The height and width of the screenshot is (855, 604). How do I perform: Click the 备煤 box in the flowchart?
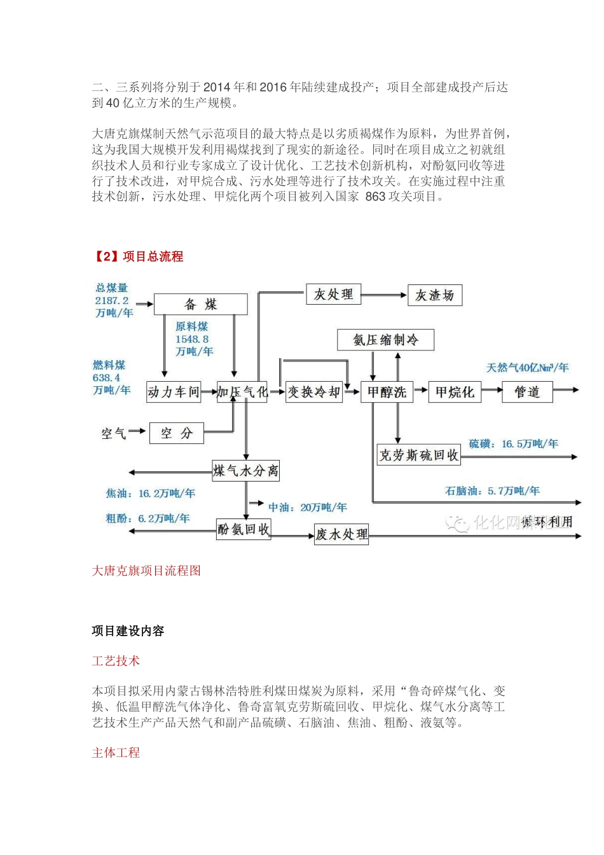pyautogui.click(x=200, y=304)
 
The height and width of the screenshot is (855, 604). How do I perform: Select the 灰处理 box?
pyautogui.click(x=333, y=294)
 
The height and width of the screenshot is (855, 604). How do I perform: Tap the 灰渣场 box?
pyautogui.click(x=434, y=295)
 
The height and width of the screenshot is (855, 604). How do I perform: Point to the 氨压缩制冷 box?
pyautogui.click(x=385, y=340)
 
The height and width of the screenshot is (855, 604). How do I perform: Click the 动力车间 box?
pyautogui.click(x=174, y=392)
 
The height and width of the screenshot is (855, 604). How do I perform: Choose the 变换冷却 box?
pyautogui.click(x=313, y=392)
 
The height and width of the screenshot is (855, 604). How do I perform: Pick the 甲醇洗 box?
pyautogui.click(x=387, y=392)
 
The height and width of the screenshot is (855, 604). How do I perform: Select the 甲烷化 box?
pyautogui.click(x=455, y=392)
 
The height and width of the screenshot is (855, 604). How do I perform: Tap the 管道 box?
pyautogui.click(x=526, y=392)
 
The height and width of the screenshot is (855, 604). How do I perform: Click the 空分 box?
pyautogui.click(x=176, y=433)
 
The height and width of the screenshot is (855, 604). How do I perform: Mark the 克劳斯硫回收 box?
pyautogui.click(x=418, y=455)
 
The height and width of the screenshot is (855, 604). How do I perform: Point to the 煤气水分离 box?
pyautogui.click(x=245, y=471)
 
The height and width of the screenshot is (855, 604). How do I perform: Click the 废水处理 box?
pyautogui.click(x=341, y=534)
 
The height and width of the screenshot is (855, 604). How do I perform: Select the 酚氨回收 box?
pyautogui.click(x=244, y=529)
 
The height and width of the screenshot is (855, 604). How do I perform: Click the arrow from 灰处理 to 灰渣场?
pyautogui.click(x=383, y=295)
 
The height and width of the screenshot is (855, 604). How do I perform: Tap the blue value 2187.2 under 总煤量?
pyautogui.click(x=112, y=300)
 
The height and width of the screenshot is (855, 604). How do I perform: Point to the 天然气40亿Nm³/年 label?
pyautogui.click(x=527, y=368)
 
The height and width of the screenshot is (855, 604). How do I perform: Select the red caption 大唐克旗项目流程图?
pyautogui.click(x=146, y=571)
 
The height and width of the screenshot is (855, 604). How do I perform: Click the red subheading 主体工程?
pyautogui.click(x=116, y=753)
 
